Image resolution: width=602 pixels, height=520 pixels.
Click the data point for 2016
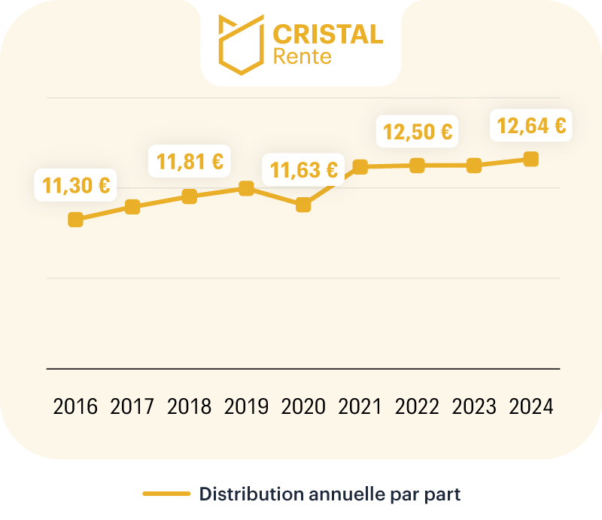point(75,220)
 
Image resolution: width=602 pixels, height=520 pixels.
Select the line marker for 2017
point(132,207)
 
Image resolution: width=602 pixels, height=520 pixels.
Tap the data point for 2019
point(246,188)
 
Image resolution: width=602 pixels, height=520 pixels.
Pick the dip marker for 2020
point(303,205)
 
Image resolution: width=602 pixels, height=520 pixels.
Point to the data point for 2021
point(360,166)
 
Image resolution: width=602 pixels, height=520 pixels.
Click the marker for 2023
point(474,166)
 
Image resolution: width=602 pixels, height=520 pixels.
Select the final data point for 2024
point(531,159)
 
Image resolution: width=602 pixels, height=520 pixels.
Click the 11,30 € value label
point(76,185)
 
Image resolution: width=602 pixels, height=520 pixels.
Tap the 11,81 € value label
point(190,161)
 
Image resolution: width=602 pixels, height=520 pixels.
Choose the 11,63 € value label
point(304,169)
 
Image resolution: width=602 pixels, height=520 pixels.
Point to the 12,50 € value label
point(418,132)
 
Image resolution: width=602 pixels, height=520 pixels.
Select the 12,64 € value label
point(531,125)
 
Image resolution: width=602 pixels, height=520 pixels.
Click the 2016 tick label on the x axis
point(75,407)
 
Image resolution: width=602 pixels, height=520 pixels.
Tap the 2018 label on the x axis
point(190,407)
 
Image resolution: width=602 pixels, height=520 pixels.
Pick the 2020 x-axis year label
point(303,407)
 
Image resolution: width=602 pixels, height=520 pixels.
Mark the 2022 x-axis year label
point(417,407)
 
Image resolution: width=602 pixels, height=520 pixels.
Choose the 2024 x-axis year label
point(531,407)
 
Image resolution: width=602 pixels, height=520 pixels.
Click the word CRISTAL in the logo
point(327,34)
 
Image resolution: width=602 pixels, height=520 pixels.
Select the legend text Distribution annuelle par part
point(329,494)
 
